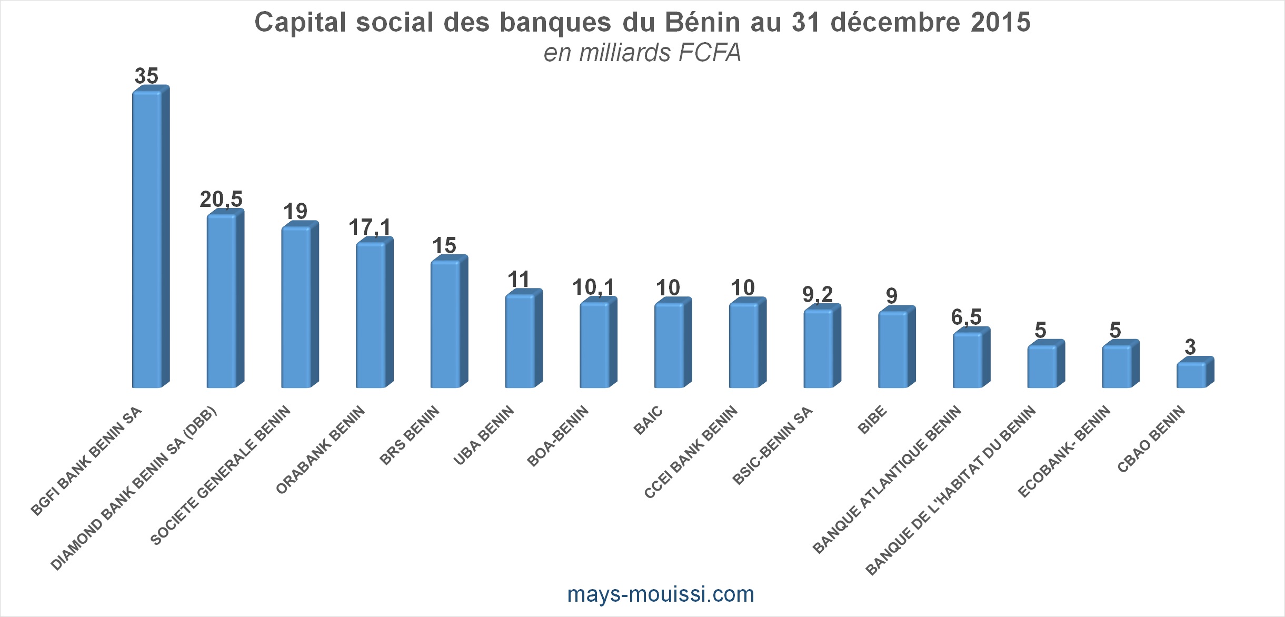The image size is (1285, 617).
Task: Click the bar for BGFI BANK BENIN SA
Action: pos(147,240)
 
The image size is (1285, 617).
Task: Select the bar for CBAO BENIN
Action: pos(1191,375)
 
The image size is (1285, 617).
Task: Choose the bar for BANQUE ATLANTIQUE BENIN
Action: pos(968,360)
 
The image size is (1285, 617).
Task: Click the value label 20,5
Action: pos(221,200)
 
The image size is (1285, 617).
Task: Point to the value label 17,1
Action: pos(370,227)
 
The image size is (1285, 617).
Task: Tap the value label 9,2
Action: pos(818,294)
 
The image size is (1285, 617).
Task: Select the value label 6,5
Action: pos(966,317)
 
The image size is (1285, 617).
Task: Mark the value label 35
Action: pos(146,76)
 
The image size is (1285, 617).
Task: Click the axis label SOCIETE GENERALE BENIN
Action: pos(221,475)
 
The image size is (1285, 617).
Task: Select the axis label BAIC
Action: pos(648,420)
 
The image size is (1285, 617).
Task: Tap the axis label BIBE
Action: pos(872,420)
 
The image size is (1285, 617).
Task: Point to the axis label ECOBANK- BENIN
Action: pos(1064,452)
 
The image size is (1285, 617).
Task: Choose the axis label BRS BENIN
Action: pos(410,436)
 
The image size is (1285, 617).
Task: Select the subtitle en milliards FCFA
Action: pos(642,53)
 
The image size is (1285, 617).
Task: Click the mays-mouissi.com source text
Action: pos(661,594)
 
